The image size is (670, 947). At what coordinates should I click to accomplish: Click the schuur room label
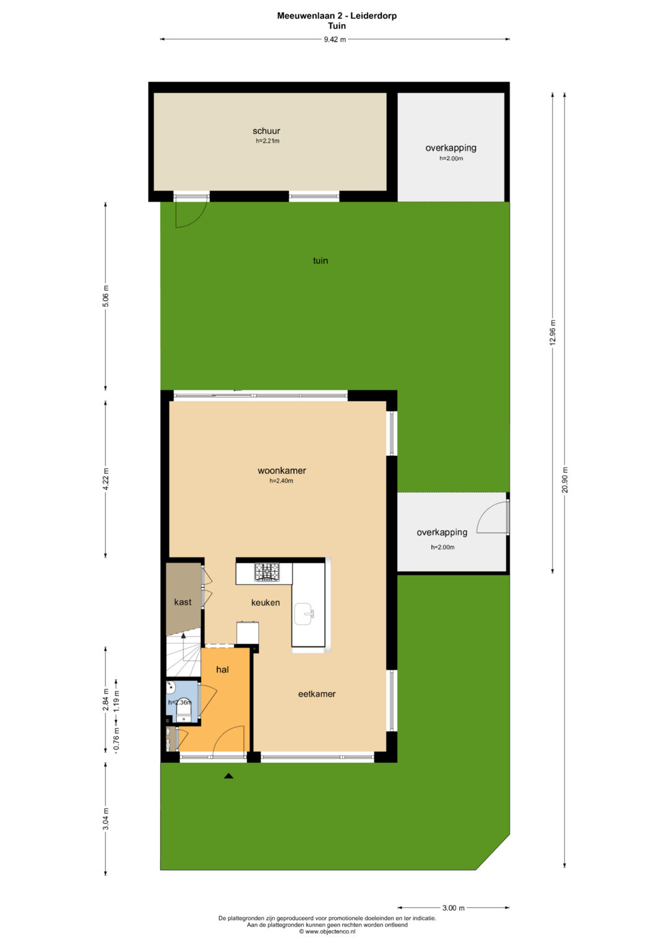[266, 131]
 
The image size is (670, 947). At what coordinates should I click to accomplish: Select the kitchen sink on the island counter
[304, 614]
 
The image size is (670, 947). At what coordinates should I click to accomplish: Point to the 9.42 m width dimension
[334, 39]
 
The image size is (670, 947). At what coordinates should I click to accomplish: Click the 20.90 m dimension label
[565, 479]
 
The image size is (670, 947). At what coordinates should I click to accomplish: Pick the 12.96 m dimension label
[552, 332]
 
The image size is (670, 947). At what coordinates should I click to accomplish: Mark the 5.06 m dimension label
[105, 296]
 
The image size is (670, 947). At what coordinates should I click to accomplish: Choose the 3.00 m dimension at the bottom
[453, 908]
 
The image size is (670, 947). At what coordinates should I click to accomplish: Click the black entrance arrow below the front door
[228, 776]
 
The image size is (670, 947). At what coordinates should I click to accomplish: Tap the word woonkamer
[282, 471]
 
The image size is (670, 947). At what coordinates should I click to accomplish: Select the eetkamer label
[317, 694]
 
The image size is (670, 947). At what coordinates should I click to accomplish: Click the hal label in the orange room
[223, 669]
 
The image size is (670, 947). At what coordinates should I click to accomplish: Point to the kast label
[183, 602]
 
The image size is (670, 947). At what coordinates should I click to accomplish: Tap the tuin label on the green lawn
[320, 260]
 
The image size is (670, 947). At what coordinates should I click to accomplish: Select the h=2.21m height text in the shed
[267, 141]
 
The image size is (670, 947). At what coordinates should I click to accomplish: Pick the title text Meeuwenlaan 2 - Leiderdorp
[337, 16]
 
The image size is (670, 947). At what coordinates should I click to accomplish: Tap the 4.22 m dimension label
[105, 479]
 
